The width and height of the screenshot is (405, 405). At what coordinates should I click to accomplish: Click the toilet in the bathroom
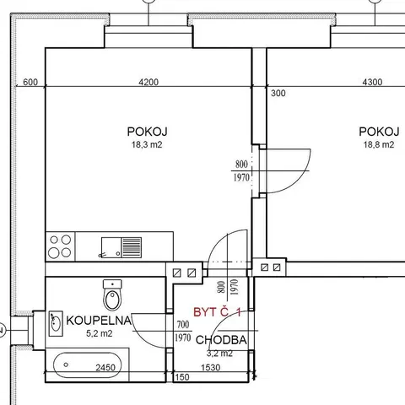112,294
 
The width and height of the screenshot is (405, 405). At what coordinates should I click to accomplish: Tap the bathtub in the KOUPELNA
88,365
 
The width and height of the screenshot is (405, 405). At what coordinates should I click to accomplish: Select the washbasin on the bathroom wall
56,323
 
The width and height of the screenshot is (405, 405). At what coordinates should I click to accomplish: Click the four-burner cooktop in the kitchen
60,246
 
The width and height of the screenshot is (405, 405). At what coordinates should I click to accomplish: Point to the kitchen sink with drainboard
121,247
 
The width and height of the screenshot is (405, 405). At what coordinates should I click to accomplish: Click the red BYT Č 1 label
217,312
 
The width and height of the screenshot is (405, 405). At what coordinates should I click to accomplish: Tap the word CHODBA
221,340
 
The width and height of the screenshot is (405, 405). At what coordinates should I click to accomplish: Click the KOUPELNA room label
99,321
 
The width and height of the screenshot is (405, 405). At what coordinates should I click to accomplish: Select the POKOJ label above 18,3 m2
147,132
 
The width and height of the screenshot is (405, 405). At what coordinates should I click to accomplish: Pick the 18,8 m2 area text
379,144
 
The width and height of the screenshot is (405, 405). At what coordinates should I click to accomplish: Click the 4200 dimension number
148,82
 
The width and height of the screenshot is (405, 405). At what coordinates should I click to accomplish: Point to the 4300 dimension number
372,82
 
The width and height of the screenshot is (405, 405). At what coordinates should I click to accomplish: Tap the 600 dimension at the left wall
30,82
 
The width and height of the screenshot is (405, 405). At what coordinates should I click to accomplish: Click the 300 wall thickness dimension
278,94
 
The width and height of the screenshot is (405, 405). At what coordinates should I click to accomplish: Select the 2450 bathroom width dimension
105,368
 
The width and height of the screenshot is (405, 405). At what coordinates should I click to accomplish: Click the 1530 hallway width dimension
211,368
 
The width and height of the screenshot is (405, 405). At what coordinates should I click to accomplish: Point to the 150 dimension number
182,377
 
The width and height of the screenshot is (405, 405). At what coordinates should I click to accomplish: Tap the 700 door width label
183,325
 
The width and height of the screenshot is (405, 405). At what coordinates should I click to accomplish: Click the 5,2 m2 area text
99,333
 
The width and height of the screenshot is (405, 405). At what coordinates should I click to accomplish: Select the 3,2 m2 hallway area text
219,354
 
